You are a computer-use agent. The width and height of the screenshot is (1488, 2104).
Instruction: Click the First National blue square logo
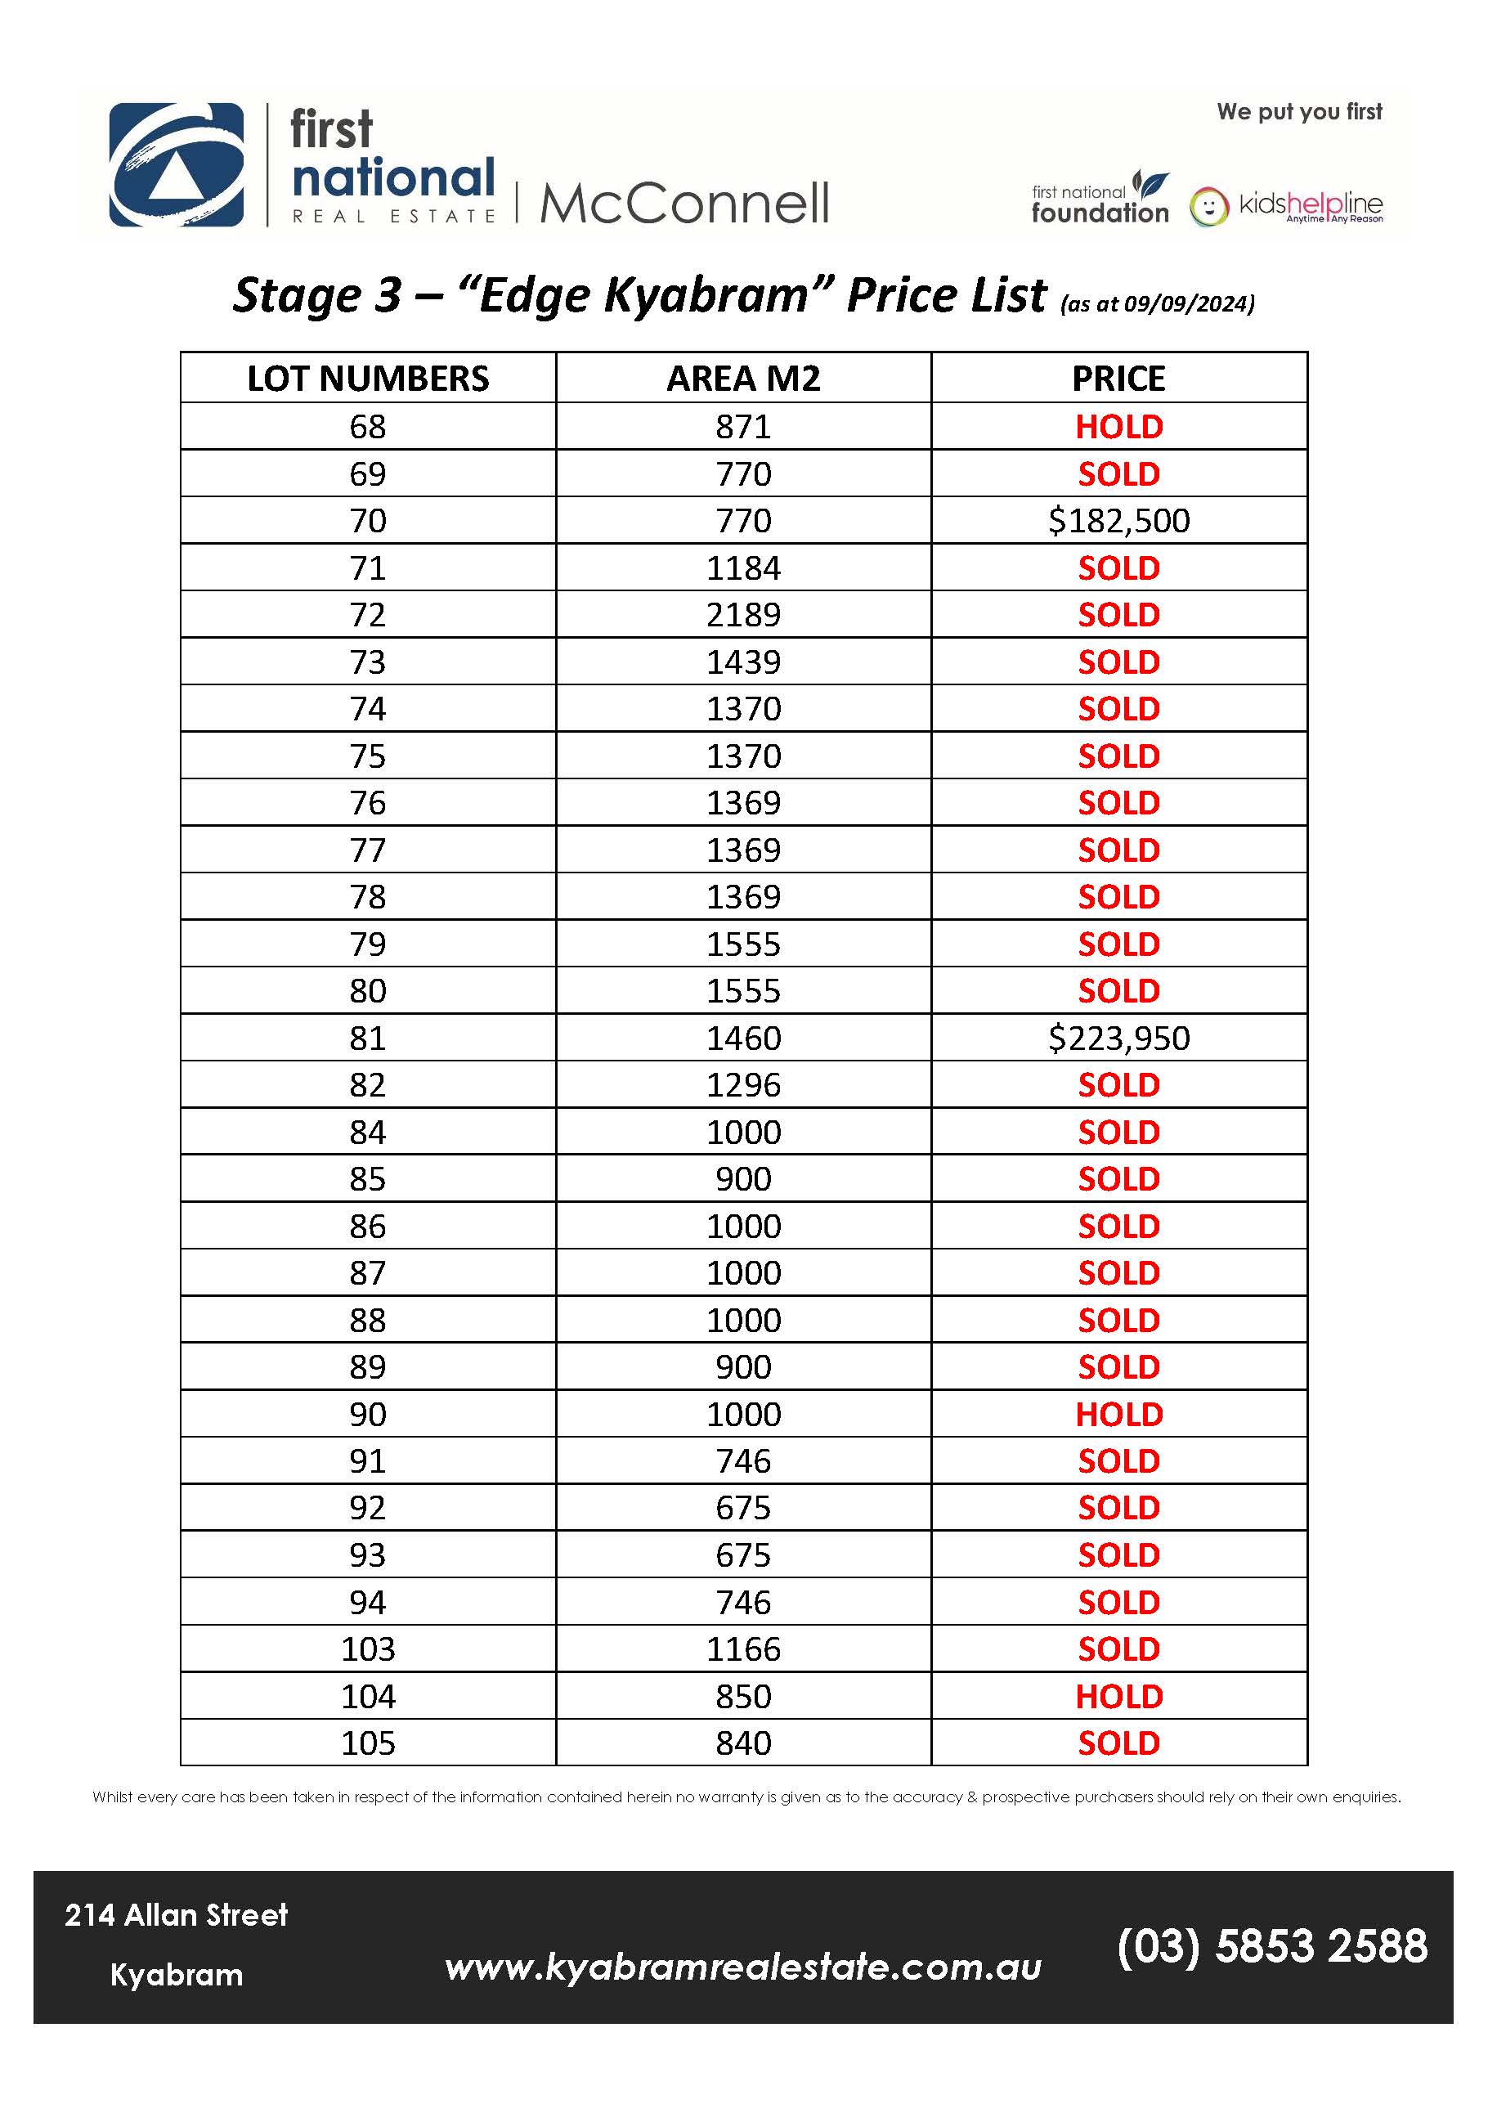pyautogui.click(x=177, y=165)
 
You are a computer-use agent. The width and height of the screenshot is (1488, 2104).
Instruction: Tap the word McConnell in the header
pyautogui.click(x=684, y=204)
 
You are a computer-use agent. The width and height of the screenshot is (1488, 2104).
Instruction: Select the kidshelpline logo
pyautogui.click(x=1286, y=206)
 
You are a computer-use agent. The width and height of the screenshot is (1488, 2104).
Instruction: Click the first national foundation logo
pyautogui.click(x=1100, y=199)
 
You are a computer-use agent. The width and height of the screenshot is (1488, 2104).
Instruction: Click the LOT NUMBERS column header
pyautogui.click(x=369, y=379)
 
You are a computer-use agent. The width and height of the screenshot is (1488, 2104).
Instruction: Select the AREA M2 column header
pyautogui.click(x=743, y=379)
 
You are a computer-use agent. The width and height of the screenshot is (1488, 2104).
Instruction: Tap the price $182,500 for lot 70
pyautogui.click(x=1118, y=521)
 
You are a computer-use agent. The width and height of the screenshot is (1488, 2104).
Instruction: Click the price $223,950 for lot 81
pyautogui.click(x=1118, y=1039)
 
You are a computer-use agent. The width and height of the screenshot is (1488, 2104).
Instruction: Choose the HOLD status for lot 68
pyautogui.click(x=1118, y=427)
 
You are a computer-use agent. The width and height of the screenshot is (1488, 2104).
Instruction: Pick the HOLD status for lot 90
pyautogui.click(x=1118, y=1414)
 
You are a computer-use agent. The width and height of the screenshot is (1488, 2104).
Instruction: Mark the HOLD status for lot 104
pyautogui.click(x=1118, y=1696)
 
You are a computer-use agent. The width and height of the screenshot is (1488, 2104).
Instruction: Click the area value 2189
pyautogui.click(x=743, y=615)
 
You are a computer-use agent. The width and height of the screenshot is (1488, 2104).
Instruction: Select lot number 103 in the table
pyautogui.click(x=369, y=1649)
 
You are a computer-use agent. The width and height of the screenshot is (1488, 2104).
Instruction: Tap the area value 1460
pyautogui.click(x=743, y=1039)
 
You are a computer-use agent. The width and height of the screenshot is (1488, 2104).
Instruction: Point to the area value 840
pyautogui.click(x=743, y=1743)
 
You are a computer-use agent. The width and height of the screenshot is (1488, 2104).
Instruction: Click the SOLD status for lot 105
pyautogui.click(x=1118, y=1743)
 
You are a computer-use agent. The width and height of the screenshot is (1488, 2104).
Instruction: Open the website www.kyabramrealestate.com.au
pyautogui.click(x=743, y=1967)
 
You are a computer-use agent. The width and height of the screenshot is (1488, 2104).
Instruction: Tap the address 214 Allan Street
pyautogui.click(x=176, y=1915)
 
